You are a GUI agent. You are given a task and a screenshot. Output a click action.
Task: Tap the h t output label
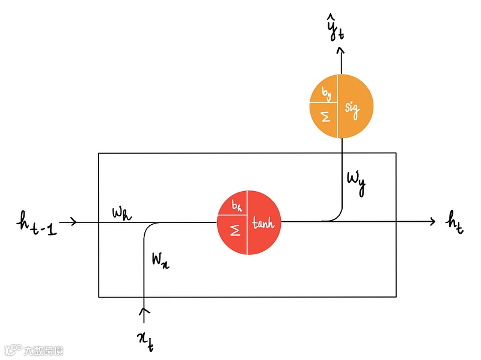pos(455,222)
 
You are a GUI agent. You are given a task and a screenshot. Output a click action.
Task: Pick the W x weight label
pos(161,261)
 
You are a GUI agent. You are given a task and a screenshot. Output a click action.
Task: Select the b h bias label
pos(236,206)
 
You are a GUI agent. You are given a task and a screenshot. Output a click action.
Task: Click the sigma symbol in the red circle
pos(235,231)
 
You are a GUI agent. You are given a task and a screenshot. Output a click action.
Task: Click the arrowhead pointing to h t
pos(432,222)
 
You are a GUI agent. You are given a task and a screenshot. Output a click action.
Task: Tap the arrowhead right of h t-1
pos(73,222)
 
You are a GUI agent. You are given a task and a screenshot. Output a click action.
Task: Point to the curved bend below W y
pos(337,217)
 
